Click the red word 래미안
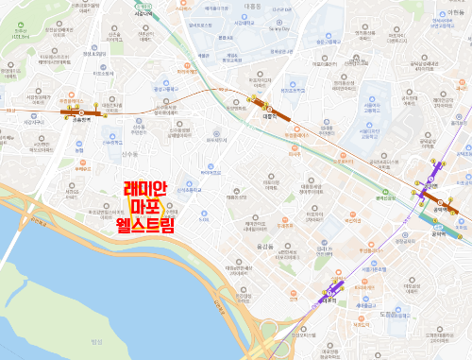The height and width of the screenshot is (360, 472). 145,189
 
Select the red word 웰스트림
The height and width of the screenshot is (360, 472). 145,225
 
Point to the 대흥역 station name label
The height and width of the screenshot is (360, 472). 267,119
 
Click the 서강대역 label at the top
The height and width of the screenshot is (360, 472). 146,14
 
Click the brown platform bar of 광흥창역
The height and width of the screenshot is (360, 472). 75,111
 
